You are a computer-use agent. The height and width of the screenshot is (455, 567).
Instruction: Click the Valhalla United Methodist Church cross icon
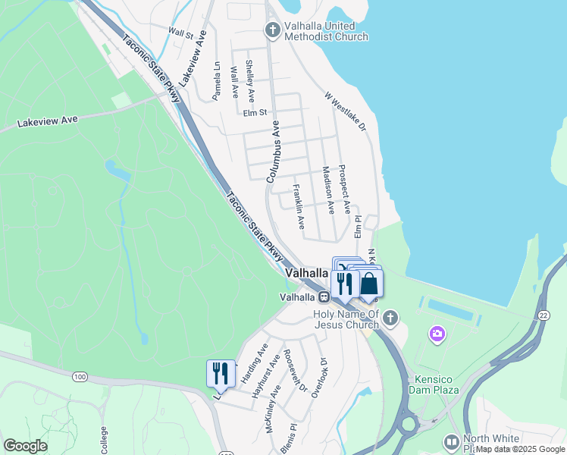coord(272,30)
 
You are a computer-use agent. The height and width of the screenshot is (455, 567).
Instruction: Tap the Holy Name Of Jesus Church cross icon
coord(390,318)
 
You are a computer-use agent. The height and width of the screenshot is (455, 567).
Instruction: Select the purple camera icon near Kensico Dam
coord(437,333)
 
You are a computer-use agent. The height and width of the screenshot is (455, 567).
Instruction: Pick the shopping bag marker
coord(369,284)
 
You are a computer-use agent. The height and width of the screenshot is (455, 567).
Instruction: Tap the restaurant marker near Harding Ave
coord(221,373)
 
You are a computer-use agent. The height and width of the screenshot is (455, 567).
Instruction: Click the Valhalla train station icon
coord(323,297)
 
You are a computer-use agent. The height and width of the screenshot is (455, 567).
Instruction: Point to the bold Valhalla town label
coord(307,272)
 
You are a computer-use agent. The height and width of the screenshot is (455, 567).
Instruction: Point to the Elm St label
coord(256,113)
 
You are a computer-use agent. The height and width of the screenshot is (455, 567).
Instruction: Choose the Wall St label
coord(181,33)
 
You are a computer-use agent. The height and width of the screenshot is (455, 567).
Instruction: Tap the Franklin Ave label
coord(299,206)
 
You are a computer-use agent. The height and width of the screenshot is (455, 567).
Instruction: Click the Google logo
coord(25,446)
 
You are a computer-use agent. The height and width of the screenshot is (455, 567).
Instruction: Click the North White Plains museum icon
coord(452,441)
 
